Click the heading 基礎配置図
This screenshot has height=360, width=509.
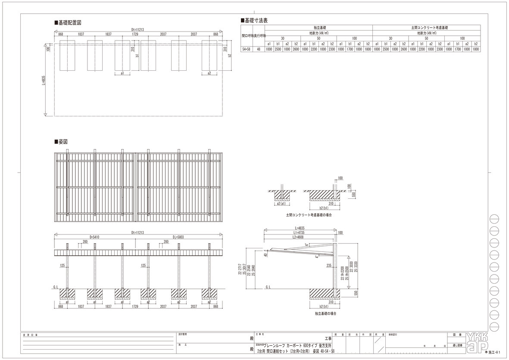[69, 22]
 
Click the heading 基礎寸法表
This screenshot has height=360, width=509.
[256, 20]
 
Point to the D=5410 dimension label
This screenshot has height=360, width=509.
[95, 237]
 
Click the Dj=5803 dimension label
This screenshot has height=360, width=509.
[178, 237]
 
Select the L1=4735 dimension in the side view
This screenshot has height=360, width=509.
[300, 232]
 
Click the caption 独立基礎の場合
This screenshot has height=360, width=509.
[325, 313]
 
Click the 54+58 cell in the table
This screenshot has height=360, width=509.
[247, 49]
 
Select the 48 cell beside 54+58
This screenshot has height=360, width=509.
[259, 49]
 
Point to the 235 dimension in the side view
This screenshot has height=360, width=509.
[329, 266]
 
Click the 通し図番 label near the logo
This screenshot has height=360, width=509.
[456, 345]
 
